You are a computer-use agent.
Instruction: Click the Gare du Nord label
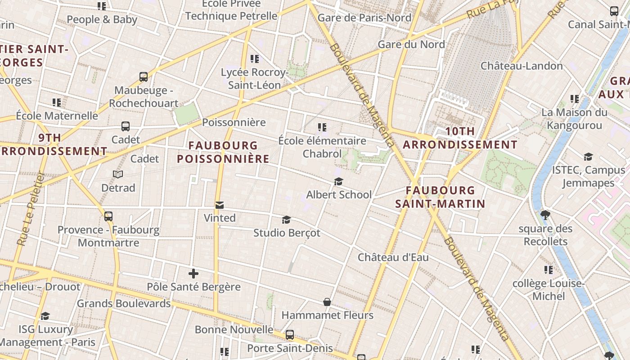[x=411, y=44]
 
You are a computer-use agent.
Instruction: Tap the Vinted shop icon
[x=220, y=205]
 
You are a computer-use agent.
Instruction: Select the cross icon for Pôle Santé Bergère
[x=193, y=273]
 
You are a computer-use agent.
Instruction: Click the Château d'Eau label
[x=393, y=257]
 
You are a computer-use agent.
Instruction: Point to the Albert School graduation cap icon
[x=338, y=181]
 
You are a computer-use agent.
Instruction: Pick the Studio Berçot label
[x=287, y=233]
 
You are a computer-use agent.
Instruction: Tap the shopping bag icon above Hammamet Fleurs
[x=327, y=302]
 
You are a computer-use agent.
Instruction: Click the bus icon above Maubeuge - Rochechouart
[x=144, y=77]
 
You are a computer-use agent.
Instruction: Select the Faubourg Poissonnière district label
[x=223, y=152]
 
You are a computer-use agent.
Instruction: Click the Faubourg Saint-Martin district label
[x=440, y=197]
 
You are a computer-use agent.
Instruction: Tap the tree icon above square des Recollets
[x=545, y=215]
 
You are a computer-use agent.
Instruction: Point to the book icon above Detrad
[x=118, y=174]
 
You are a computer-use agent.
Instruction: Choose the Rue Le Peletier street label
[x=31, y=209]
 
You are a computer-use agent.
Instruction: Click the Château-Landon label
[x=522, y=66]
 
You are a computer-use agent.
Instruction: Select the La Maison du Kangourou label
[x=574, y=119]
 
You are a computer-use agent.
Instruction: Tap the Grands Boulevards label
[x=124, y=303]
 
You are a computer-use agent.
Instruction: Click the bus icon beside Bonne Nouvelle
[x=290, y=335]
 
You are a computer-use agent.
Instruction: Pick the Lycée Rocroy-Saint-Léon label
[x=254, y=79]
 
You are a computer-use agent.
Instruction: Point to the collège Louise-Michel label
[x=549, y=290]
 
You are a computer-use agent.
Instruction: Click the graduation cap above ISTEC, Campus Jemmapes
[x=588, y=157]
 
